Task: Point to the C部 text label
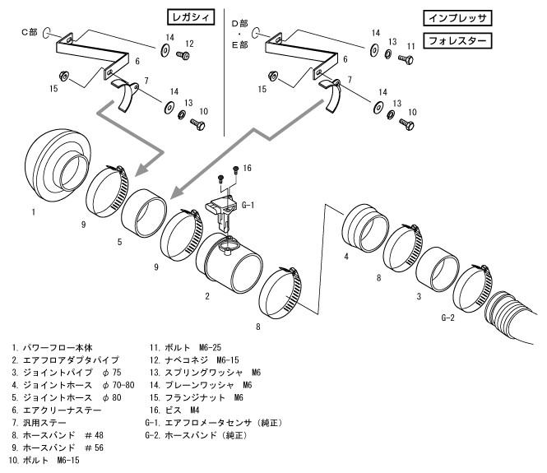pos(30,33)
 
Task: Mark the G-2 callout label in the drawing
pos(448,317)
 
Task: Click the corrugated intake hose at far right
pos(514,321)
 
